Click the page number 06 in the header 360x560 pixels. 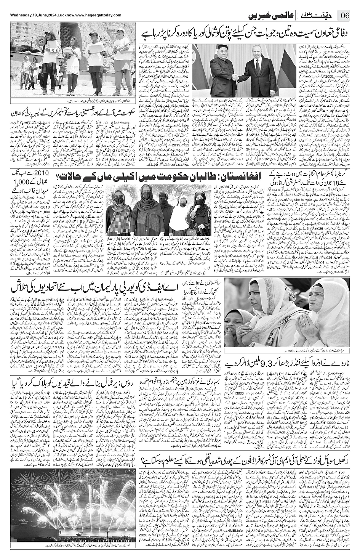[345, 16]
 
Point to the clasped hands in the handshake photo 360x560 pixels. [238, 78]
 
